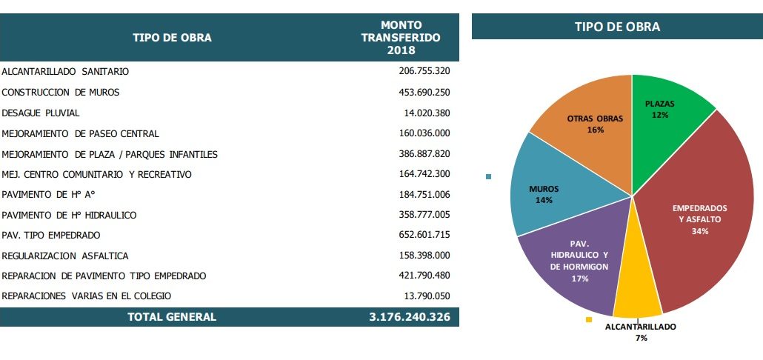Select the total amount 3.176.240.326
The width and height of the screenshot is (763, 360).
click(x=410, y=317)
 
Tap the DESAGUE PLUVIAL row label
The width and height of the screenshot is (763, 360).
click(x=41, y=113)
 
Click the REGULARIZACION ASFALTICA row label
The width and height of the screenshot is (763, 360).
click(x=65, y=256)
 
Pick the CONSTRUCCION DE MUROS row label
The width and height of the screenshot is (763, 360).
click(x=61, y=93)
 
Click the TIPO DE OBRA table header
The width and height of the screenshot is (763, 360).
click(x=172, y=38)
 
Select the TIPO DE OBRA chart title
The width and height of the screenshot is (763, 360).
click(x=617, y=27)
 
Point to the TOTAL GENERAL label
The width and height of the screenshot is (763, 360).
click(x=172, y=317)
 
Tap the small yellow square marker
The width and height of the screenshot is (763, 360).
click(x=589, y=319)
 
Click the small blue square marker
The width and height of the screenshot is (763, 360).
click(x=488, y=176)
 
